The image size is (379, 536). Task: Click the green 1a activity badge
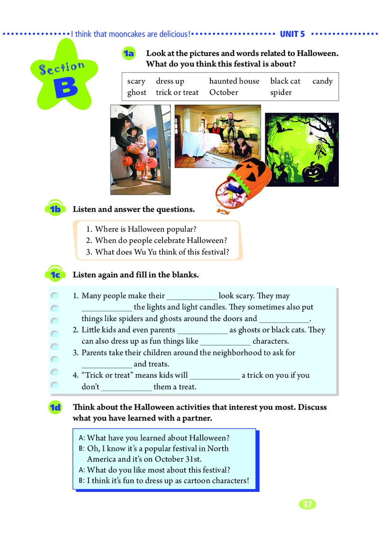click(x=129, y=54)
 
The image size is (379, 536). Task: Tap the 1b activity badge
click(x=55, y=208)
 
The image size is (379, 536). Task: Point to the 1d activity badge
click(x=55, y=407)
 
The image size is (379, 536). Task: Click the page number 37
click(x=307, y=504)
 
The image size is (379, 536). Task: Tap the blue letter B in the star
click(x=66, y=88)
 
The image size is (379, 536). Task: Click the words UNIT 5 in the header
click(x=292, y=34)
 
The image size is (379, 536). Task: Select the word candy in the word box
click(x=322, y=81)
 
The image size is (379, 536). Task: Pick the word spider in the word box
click(x=281, y=93)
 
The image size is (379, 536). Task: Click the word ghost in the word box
click(x=136, y=93)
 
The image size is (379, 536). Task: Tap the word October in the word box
click(x=224, y=92)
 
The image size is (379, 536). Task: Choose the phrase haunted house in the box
click(x=235, y=81)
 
